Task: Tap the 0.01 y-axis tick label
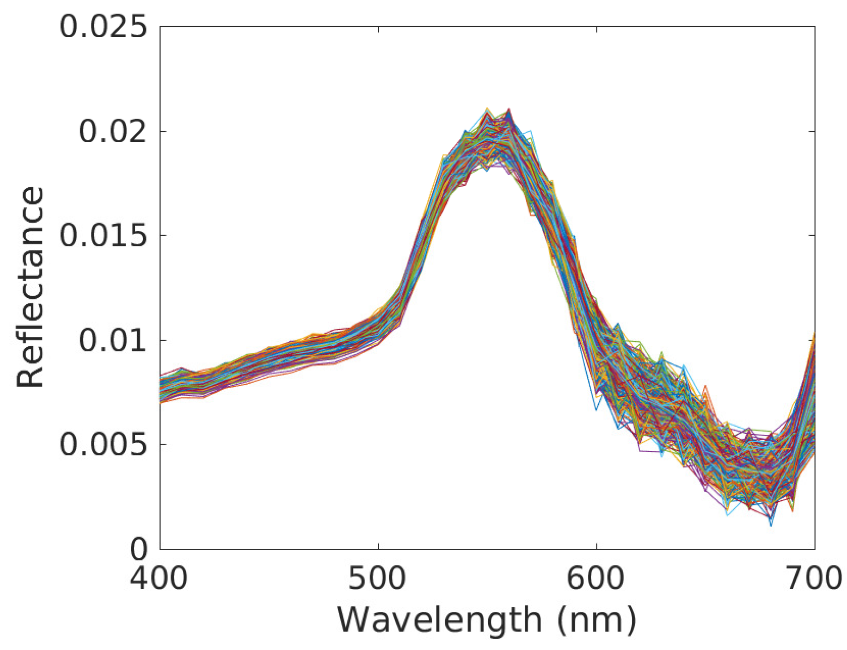(113, 340)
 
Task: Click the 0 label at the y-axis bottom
(138, 549)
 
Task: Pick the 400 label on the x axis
(159, 578)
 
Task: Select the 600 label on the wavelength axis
(595, 578)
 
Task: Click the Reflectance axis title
(30, 287)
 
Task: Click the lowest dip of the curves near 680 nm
(771, 524)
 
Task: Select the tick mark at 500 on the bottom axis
(378, 546)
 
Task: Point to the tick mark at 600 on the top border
(597, 29)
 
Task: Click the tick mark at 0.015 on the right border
(812, 235)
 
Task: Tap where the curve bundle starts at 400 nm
(161, 389)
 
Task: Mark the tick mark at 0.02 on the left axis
(163, 131)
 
